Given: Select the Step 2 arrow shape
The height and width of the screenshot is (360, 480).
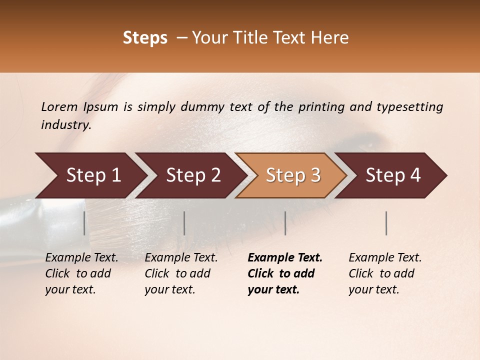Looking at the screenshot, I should pos(192,175).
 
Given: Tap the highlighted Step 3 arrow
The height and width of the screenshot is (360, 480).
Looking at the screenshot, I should pos(292,175).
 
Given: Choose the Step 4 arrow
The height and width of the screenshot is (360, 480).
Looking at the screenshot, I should pos(392,175).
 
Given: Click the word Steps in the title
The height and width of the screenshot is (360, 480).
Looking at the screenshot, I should pos(145,38).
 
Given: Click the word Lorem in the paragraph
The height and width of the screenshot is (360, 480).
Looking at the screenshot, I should pos(59,106).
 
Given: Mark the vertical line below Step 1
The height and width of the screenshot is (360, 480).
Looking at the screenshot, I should pos(84,223).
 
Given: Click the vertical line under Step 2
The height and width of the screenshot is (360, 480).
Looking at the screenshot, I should pos(184,223).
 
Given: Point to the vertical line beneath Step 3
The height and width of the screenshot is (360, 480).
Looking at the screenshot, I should pos(285,223).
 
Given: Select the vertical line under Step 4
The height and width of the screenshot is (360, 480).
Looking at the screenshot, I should pos(386,223).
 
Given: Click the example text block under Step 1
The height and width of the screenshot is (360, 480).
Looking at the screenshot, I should pos(81,273).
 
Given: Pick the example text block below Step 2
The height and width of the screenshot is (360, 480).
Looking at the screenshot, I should pos(181,273).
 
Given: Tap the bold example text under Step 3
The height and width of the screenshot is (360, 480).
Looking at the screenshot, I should pos(285,273).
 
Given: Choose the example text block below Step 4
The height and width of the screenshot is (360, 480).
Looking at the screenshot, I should pos(385,273).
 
